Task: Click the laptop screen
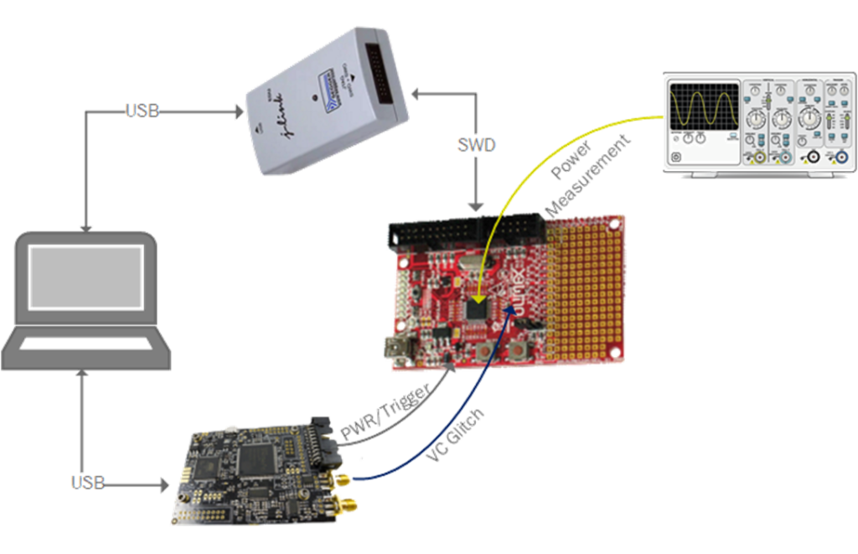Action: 85,277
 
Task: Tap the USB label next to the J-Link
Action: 142,110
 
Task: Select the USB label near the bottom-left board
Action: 87,482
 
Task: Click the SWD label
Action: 477,145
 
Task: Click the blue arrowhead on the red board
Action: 509,323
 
